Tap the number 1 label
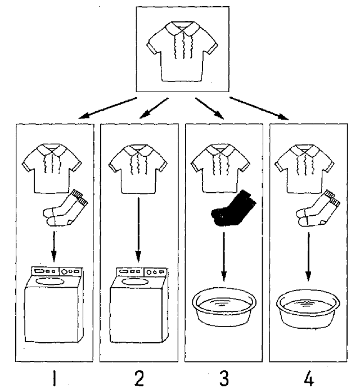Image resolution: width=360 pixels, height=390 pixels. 54,378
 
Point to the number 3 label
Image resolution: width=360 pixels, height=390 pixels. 224,378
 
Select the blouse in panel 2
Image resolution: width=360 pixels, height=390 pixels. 138,166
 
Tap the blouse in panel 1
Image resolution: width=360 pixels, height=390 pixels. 52,166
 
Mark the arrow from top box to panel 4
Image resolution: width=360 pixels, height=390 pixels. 259,108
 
